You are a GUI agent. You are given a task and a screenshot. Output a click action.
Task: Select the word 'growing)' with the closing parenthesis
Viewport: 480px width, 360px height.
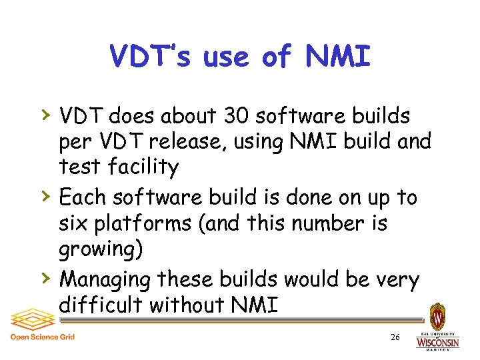95,249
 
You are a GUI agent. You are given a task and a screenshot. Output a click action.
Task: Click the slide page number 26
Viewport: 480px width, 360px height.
395,338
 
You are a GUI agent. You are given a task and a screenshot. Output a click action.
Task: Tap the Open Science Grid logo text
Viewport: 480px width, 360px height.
42,337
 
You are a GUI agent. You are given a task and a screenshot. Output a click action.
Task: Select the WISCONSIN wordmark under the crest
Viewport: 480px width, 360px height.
437,343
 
